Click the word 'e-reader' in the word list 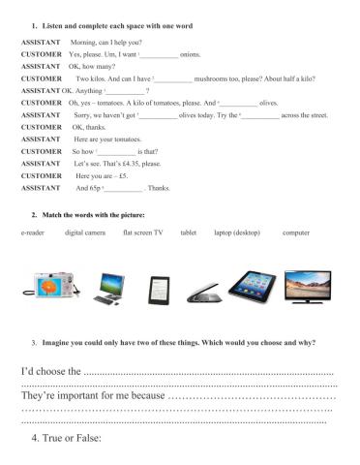33,233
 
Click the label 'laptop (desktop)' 237,233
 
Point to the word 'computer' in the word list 296,233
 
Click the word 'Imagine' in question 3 54,343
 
